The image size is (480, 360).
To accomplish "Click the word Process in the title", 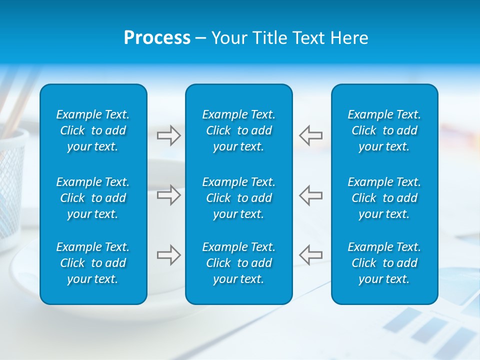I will [x=157, y=38].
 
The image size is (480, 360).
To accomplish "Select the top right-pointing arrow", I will [x=168, y=135].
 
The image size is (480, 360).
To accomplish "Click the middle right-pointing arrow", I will [x=168, y=195].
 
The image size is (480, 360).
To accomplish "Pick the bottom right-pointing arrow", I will [x=168, y=255].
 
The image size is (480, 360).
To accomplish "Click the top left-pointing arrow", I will [x=310, y=135].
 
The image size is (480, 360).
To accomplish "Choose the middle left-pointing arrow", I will [x=310, y=195].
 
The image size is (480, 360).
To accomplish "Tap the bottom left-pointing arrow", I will [x=310, y=255].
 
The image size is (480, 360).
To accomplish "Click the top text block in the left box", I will [x=93, y=130].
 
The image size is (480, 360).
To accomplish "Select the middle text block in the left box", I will [x=93, y=198].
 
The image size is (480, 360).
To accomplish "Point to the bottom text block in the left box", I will [x=93, y=263].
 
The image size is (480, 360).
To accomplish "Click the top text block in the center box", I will [x=239, y=130].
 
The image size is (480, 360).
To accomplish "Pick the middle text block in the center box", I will [x=239, y=198].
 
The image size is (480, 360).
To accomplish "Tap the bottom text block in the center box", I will [x=239, y=263].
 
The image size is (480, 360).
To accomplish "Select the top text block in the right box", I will [x=384, y=130].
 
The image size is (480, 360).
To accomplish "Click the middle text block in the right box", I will [x=384, y=198].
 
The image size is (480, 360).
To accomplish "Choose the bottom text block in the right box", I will [x=384, y=263].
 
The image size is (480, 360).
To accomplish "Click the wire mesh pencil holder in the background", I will [x=12, y=185].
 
